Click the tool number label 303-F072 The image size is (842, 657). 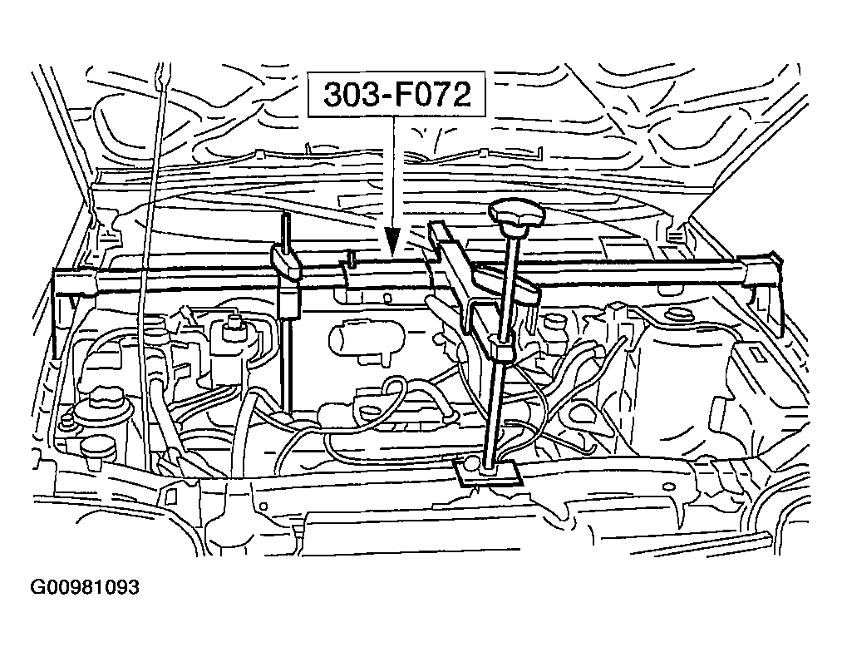coord(396,94)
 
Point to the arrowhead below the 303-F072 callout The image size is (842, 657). coord(392,240)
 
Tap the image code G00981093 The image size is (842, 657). coord(85,586)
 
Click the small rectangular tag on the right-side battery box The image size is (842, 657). coord(759,353)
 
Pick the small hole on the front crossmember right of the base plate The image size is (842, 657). coord(668,487)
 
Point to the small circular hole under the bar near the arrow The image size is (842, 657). coord(387,297)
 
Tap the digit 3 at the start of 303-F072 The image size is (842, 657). coord(333,95)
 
